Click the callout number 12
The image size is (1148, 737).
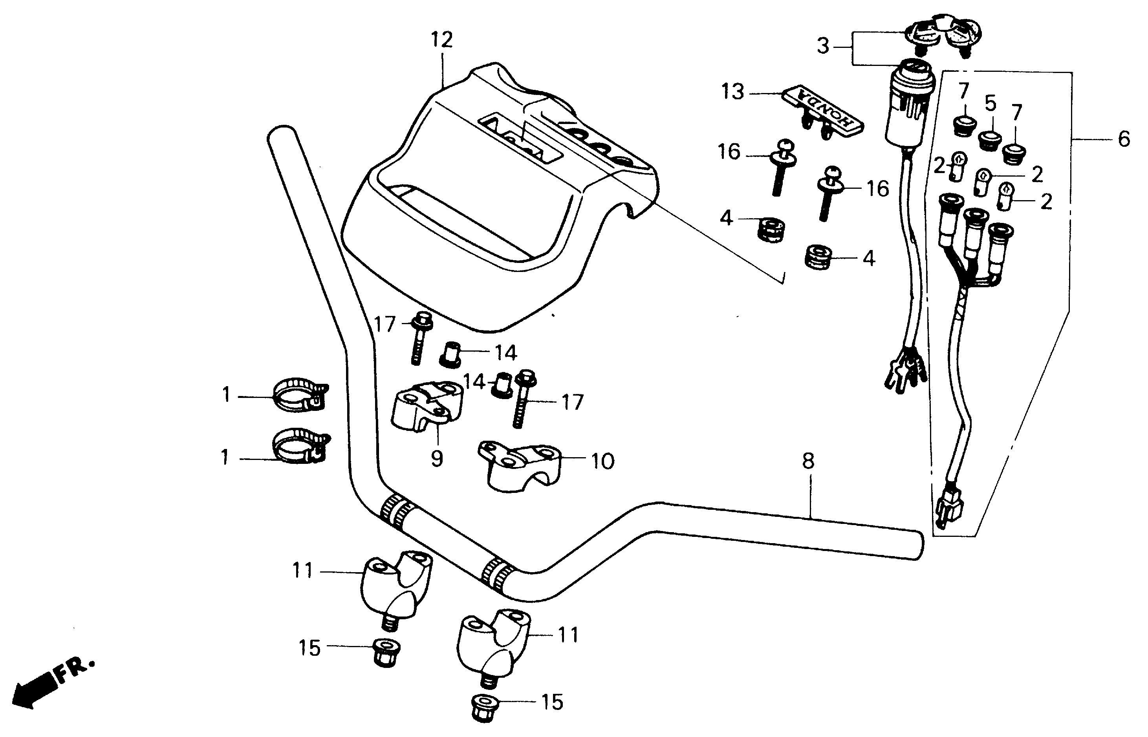[441, 40]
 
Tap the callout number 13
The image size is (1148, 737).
[733, 92]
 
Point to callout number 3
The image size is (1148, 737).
[822, 46]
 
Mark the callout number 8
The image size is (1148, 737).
[808, 461]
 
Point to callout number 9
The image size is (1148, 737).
[436, 458]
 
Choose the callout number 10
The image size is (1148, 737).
[602, 462]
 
